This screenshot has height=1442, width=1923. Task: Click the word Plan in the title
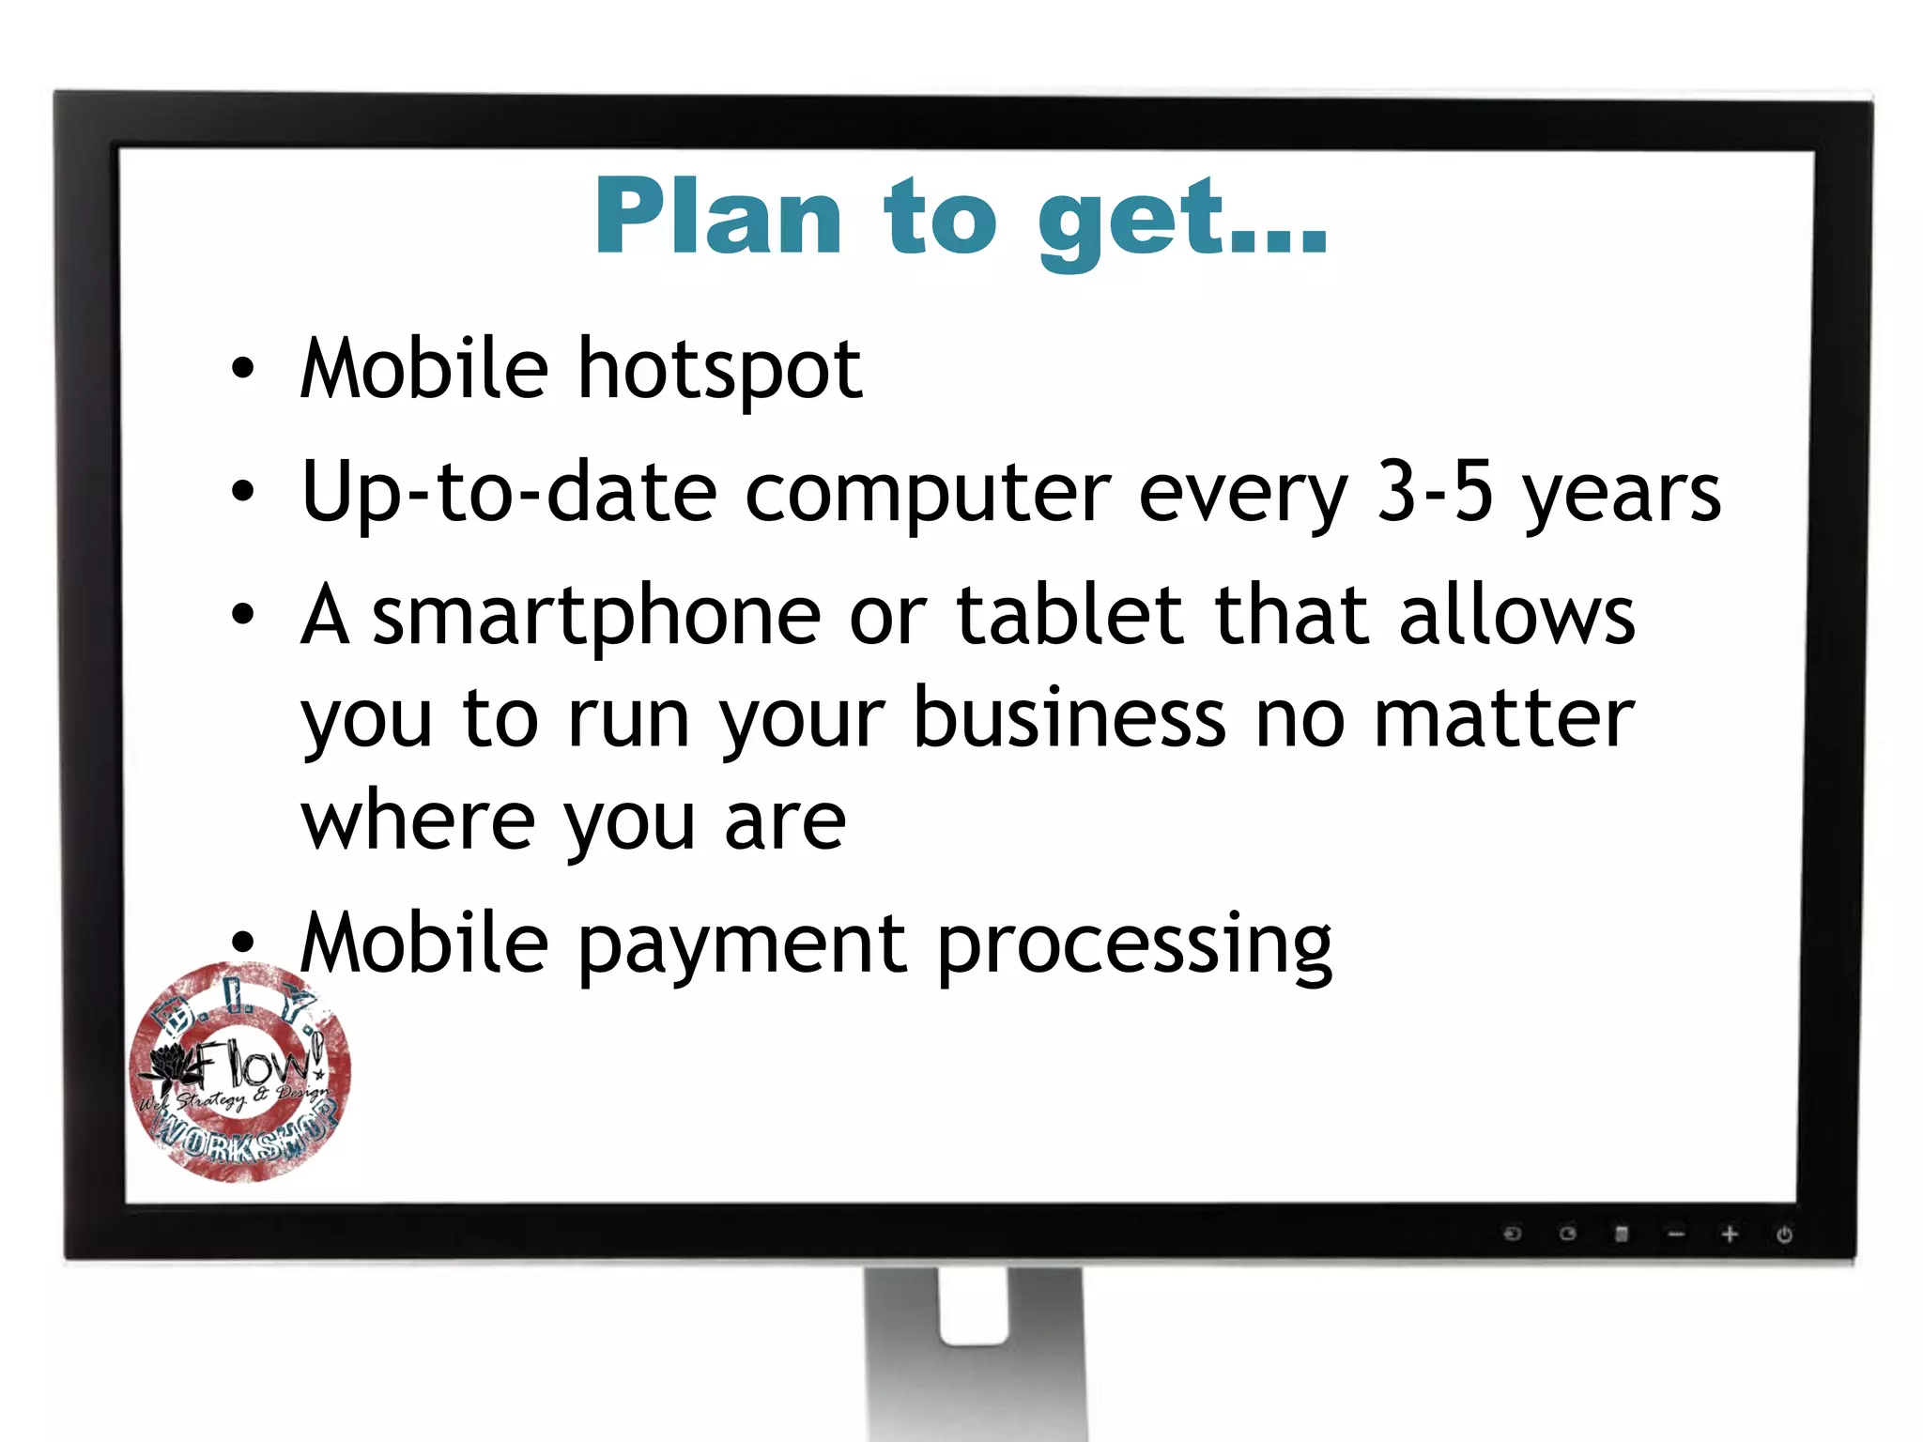pyautogui.click(x=717, y=217)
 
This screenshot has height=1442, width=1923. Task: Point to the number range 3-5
pyautogui.click(x=1434, y=492)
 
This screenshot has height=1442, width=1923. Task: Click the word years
pyautogui.click(x=1623, y=495)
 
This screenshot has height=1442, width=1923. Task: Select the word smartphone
pyautogui.click(x=597, y=617)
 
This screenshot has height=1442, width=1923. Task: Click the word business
pyautogui.click(x=1069, y=718)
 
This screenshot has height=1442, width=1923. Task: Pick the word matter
pyautogui.click(x=1504, y=718)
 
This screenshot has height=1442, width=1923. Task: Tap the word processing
pyautogui.click(x=1134, y=946)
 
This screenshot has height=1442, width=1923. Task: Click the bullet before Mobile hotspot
pyautogui.click(x=243, y=369)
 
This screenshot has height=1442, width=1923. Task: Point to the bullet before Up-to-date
pyautogui.click(x=243, y=492)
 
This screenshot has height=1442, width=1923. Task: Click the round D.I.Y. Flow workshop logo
pyautogui.click(x=240, y=1072)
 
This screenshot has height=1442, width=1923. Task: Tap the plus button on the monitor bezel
pyautogui.click(x=1730, y=1234)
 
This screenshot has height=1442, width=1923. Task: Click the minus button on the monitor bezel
pyautogui.click(x=1676, y=1234)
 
